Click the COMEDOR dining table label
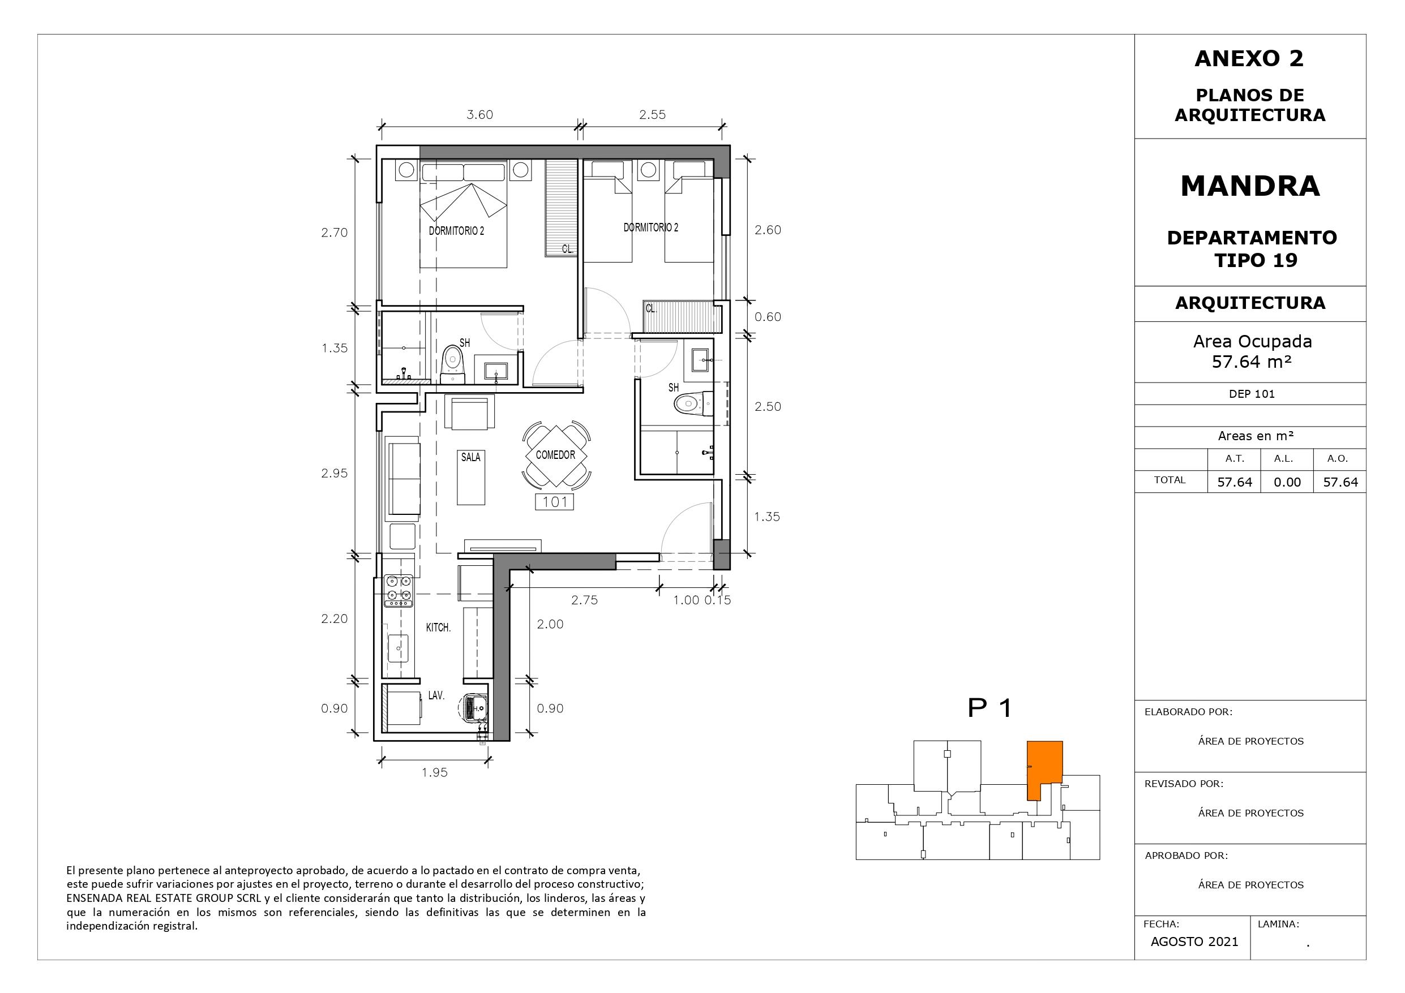pyautogui.click(x=555, y=455)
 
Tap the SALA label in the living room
pyautogui.click(x=470, y=457)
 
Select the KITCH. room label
pyautogui.click(x=438, y=627)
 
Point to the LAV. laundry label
pyautogui.click(x=436, y=695)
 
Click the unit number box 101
pyautogui.click(x=554, y=502)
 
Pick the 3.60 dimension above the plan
pyautogui.click(x=480, y=114)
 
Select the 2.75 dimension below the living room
pyautogui.click(x=584, y=600)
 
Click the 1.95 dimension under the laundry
pyautogui.click(x=435, y=773)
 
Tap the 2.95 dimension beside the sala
pyautogui.click(x=334, y=473)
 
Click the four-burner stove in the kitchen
pyautogui.click(x=398, y=591)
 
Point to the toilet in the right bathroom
pyautogui.click(x=694, y=403)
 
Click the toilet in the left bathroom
pyautogui.click(x=453, y=364)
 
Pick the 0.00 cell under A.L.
pyautogui.click(x=1287, y=482)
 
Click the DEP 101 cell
pyautogui.click(x=1252, y=394)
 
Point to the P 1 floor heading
pyautogui.click(x=990, y=708)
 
